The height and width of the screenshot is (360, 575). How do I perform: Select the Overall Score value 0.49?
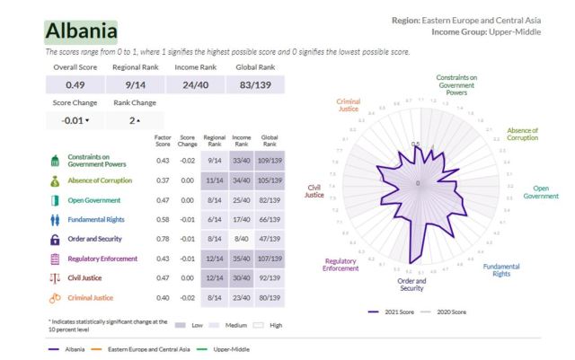coord(75,84)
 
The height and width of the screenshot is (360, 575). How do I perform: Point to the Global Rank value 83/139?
coord(256,84)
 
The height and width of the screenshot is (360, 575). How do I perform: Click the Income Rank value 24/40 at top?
coord(195,84)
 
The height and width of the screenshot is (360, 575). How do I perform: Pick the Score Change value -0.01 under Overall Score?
coord(75,119)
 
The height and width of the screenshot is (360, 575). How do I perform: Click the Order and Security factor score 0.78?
coord(163,239)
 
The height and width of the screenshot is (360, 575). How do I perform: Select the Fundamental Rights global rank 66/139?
coord(270,219)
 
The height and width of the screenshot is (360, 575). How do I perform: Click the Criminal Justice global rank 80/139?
coord(270,297)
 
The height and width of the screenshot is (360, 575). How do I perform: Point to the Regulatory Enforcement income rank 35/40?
coord(241,259)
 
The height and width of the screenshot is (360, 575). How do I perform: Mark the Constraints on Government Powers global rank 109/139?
coord(270,161)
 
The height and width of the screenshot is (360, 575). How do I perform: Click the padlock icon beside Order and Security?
coord(55,239)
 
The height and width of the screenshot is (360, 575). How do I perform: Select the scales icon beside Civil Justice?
coord(55,278)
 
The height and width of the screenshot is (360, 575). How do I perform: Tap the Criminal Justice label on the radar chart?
coord(348,106)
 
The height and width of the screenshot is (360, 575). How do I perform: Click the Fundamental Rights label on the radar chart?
coord(500,269)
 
